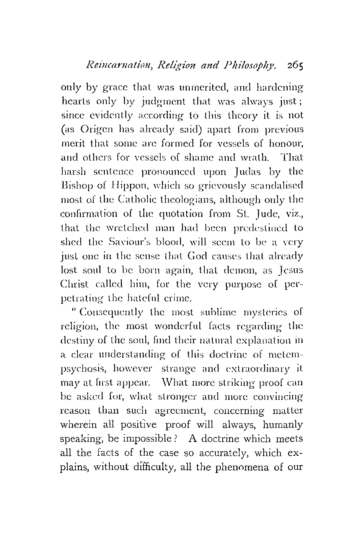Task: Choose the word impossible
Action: [138, 439]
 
